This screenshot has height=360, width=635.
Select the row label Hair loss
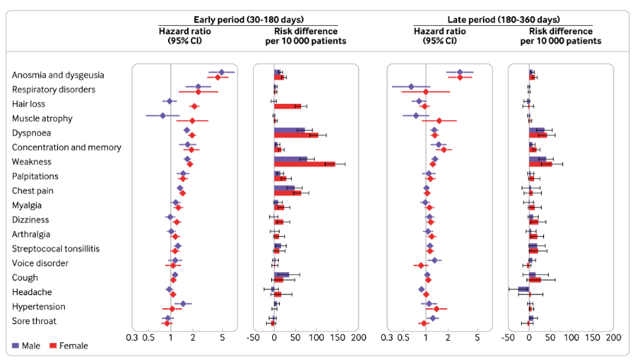point(28,104)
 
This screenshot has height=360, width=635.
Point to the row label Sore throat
point(33,321)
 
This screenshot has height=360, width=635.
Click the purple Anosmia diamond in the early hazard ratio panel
point(222,72)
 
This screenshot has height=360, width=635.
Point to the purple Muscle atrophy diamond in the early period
point(163,115)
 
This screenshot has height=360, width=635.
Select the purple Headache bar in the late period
point(523,290)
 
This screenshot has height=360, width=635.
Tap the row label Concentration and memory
point(59,148)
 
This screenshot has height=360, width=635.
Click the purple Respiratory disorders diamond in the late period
point(411,86)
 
